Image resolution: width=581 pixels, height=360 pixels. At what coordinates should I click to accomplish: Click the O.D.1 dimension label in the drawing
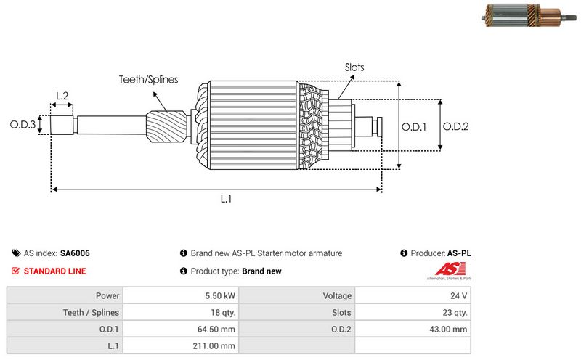414,126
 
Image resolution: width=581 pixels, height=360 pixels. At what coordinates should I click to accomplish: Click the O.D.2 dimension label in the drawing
456,126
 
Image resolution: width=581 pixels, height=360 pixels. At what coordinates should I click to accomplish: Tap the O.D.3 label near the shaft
23,125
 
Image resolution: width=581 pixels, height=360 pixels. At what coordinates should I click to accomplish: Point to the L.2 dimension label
62,96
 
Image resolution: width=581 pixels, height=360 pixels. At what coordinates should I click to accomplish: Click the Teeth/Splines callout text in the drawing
148,80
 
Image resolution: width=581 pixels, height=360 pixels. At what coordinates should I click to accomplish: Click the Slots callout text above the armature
354,67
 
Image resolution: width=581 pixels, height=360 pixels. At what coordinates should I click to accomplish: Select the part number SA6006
75,253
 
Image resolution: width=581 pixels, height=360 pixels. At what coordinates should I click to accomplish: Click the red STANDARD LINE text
54,271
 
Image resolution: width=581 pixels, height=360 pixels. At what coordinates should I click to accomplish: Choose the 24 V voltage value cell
459,296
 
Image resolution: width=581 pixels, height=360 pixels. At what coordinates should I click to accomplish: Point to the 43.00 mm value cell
450,330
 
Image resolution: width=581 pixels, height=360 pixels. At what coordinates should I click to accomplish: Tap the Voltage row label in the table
337,296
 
